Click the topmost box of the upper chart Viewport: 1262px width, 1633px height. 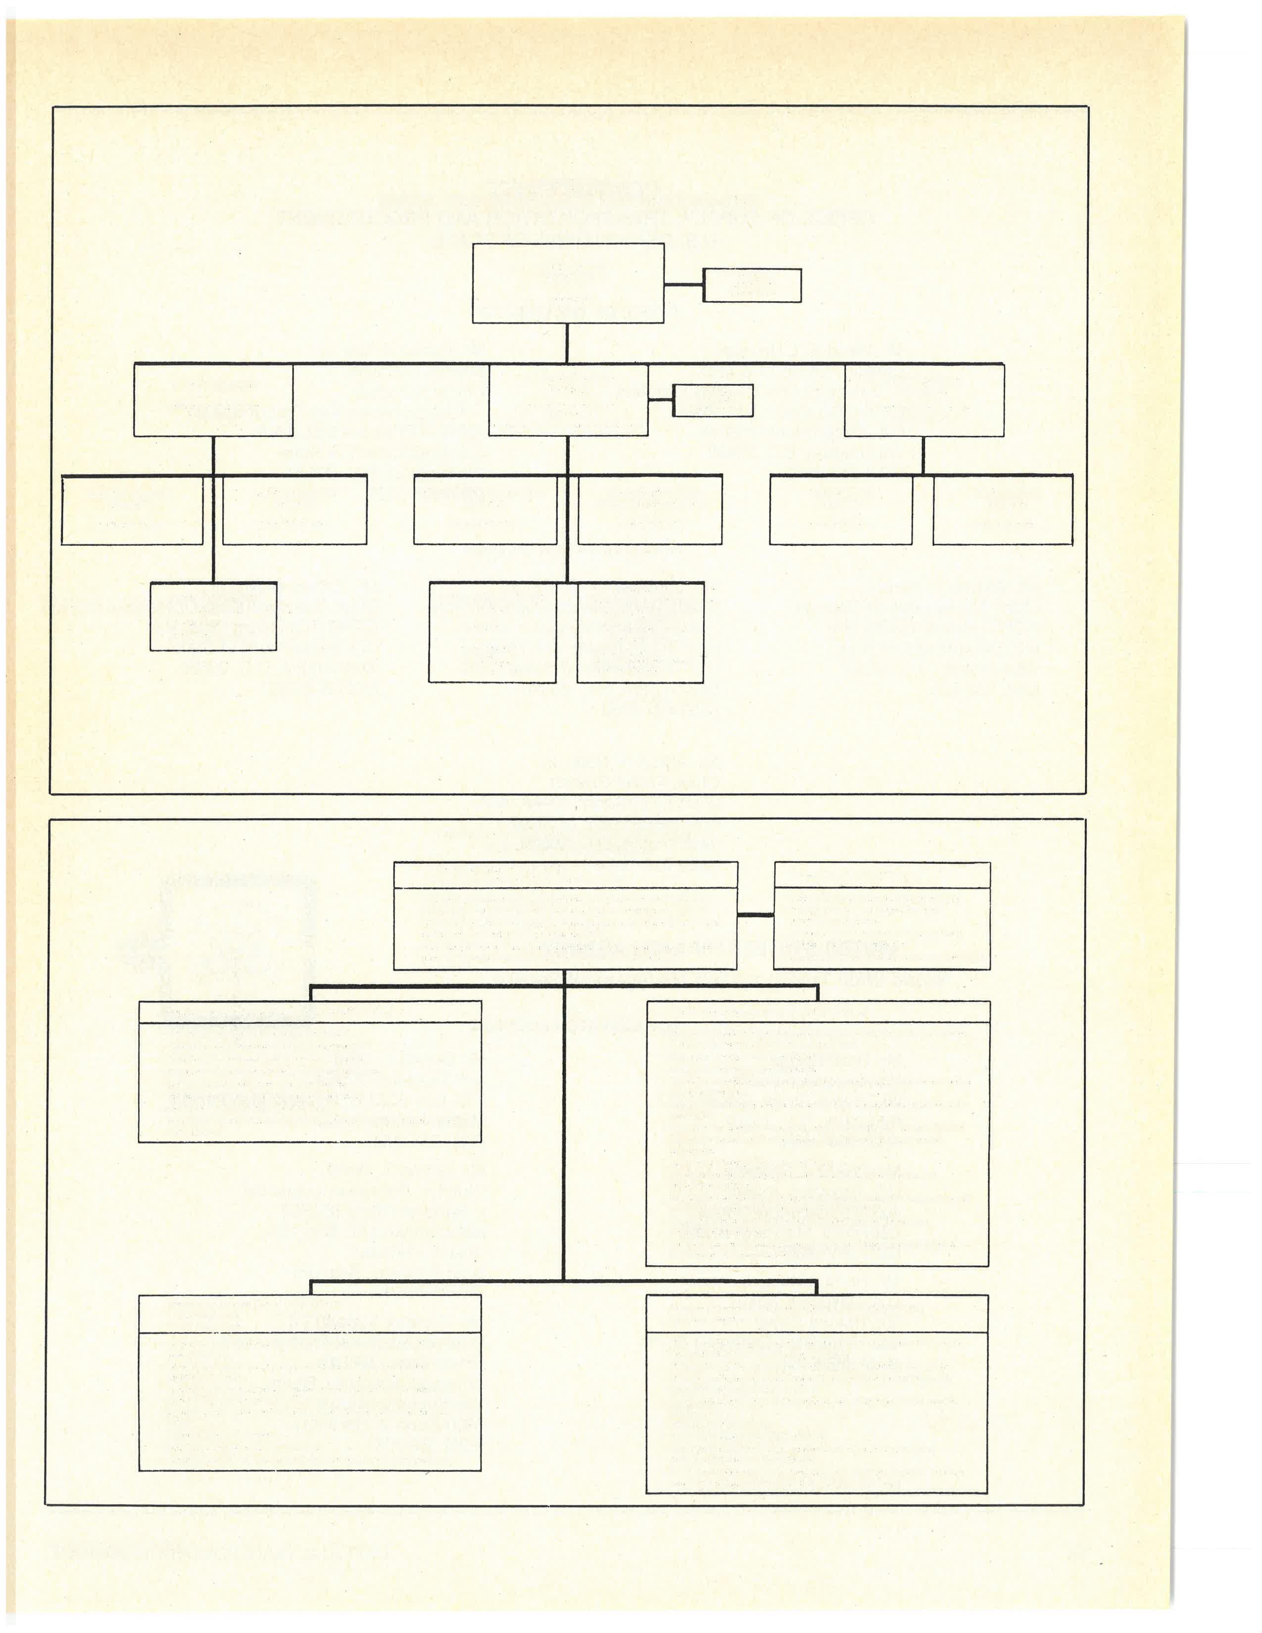(568, 284)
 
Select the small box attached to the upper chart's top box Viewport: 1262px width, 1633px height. (752, 286)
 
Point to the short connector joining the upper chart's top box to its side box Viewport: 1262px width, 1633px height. (683, 285)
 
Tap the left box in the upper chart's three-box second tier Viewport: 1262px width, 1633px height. (213, 400)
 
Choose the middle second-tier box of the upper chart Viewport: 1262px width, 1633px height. (568, 400)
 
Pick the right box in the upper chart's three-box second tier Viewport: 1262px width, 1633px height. (924, 400)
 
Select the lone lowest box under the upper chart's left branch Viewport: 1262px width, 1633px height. (213, 616)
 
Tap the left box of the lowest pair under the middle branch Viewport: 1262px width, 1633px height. (492, 632)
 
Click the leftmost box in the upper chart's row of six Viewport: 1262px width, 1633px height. (132, 510)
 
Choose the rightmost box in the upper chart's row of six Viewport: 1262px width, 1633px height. (1003, 510)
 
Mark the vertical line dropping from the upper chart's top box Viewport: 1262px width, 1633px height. (567, 343)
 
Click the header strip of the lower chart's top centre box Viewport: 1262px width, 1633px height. (565, 875)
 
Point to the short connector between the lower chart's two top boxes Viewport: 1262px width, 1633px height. (756, 915)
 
